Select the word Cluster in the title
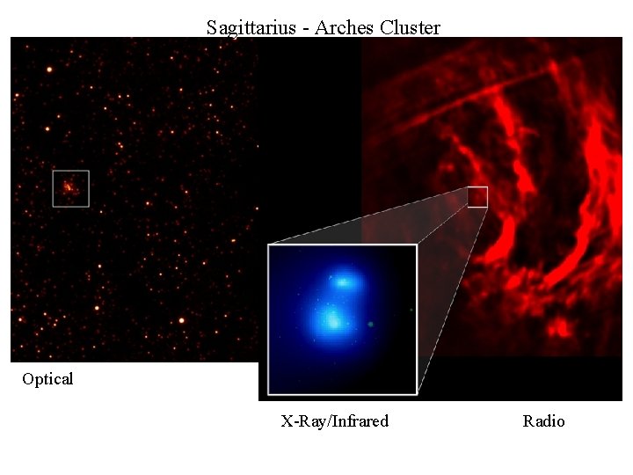pos(411,27)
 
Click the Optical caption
pos(47,379)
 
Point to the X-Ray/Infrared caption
pos(334,421)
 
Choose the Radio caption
pos(543,421)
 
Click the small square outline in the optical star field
pos(70,188)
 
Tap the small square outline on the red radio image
pos(477,197)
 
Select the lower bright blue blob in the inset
pos(331,318)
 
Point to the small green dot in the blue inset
pos(371,325)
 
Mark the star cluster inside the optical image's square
pos(69,186)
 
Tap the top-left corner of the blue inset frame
pos(269,245)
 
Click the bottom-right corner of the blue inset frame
pos(416,393)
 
